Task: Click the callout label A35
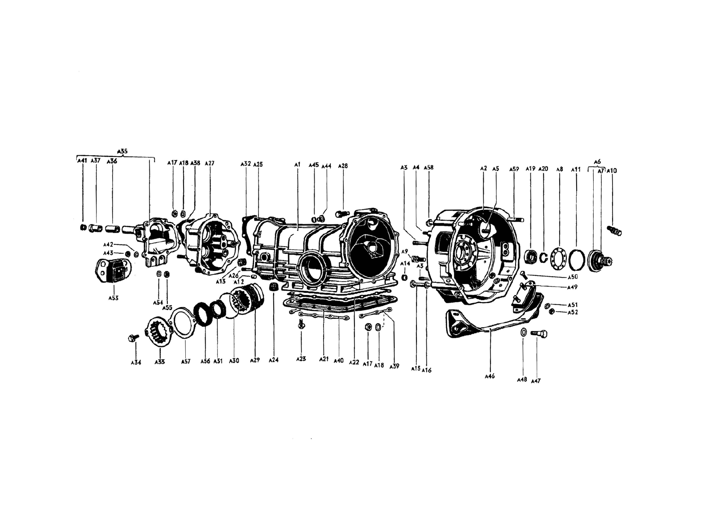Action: pyautogui.click(x=122, y=151)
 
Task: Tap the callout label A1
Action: pyautogui.click(x=297, y=165)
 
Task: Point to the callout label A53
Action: pyautogui.click(x=113, y=298)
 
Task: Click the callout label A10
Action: pyautogui.click(x=612, y=170)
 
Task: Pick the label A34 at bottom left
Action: pyautogui.click(x=136, y=362)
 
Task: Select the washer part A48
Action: pyautogui.click(x=523, y=332)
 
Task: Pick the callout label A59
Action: pyautogui.click(x=514, y=169)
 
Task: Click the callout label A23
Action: pyautogui.click(x=301, y=359)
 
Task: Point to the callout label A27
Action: pyautogui.click(x=210, y=163)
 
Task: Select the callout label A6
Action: pyautogui.click(x=597, y=161)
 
